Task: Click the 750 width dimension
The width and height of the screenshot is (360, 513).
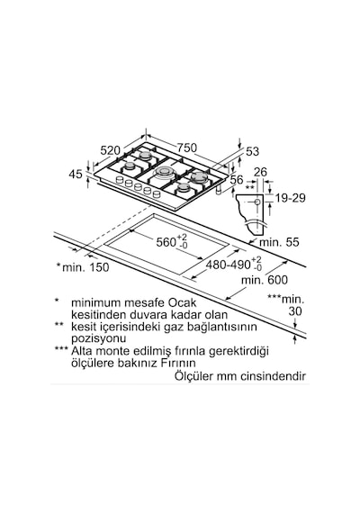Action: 187,148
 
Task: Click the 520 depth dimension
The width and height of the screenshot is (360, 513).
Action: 111,150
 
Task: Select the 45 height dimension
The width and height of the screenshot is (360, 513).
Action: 76,174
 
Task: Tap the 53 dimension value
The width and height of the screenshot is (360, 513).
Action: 252,151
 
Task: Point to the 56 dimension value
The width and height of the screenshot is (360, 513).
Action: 237,180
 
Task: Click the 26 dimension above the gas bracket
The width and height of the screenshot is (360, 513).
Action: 260,172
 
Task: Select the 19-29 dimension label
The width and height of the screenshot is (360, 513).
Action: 291,198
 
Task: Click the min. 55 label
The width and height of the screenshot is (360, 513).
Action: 279,242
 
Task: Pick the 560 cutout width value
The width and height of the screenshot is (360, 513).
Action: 166,242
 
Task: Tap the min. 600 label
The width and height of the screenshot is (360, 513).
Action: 265,280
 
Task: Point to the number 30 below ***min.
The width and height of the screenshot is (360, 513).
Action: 295,311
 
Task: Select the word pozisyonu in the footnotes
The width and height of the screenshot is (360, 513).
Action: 98,338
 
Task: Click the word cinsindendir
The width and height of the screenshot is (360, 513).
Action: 274,376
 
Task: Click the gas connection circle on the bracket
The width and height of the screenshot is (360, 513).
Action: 257,202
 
